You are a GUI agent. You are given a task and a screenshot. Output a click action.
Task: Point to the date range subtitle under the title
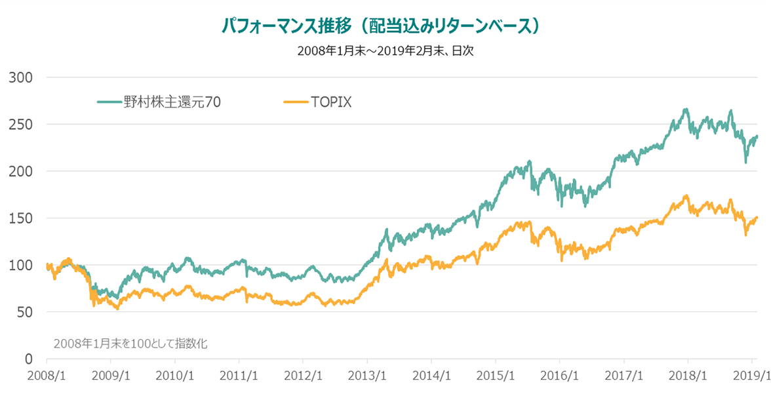point(385,51)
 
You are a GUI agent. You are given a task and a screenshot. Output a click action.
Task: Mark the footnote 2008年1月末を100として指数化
point(130,343)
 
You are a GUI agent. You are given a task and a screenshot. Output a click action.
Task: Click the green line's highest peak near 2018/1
point(686,109)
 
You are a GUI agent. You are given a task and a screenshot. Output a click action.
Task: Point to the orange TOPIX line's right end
point(757,217)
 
